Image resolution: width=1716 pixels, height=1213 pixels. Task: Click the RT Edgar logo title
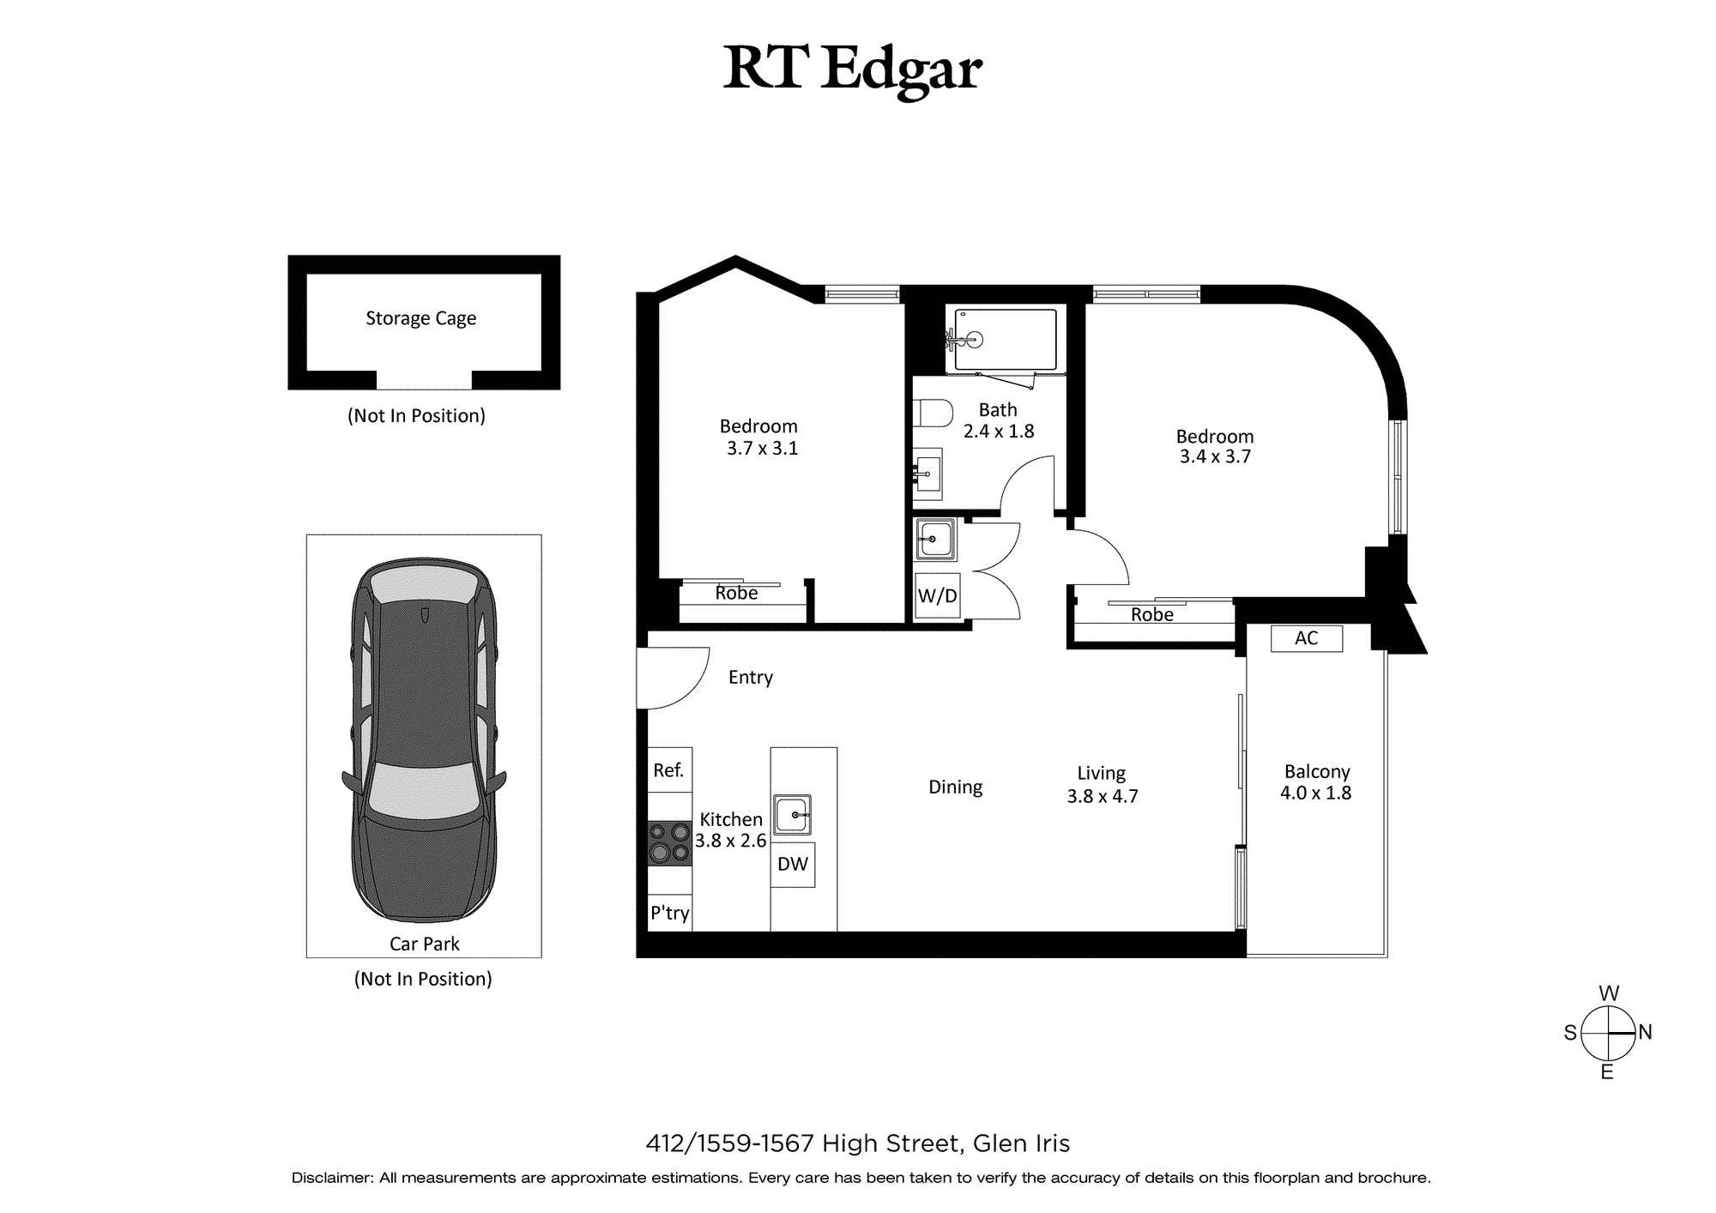pyautogui.click(x=853, y=69)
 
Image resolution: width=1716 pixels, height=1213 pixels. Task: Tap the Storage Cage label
pyautogui.click(x=420, y=318)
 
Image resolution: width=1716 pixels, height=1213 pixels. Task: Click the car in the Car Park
pyautogui.click(x=424, y=739)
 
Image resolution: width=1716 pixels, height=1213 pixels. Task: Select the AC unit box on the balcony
pyautogui.click(x=1307, y=638)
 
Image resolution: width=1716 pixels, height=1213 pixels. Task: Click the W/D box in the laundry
pyautogui.click(x=938, y=595)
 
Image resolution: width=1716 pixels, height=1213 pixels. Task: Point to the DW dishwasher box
pyautogui.click(x=793, y=864)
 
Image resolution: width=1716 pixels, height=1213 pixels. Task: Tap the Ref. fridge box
pyautogui.click(x=669, y=769)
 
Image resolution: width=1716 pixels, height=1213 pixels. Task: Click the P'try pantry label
pyautogui.click(x=670, y=913)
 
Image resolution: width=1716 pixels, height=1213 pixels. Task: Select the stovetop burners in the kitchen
pyautogui.click(x=669, y=842)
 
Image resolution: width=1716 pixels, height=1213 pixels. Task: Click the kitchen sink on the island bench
pyautogui.click(x=793, y=814)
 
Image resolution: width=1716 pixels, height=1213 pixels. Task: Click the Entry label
pyautogui.click(x=751, y=678)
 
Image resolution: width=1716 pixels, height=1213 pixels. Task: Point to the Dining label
pyautogui.click(x=956, y=788)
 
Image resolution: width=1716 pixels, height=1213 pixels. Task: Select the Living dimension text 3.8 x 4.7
pyautogui.click(x=1103, y=796)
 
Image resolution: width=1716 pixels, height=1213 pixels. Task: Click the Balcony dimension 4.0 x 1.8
pyautogui.click(x=1316, y=793)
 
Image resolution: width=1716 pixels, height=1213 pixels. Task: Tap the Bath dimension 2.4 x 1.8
pyautogui.click(x=999, y=431)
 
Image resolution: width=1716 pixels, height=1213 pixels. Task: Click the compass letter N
pyautogui.click(x=1645, y=1032)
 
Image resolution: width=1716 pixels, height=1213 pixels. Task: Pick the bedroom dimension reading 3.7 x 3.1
pyautogui.click(x=763, y=448)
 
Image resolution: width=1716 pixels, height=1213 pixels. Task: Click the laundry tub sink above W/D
pyautogui.click(x=935, y=540)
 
